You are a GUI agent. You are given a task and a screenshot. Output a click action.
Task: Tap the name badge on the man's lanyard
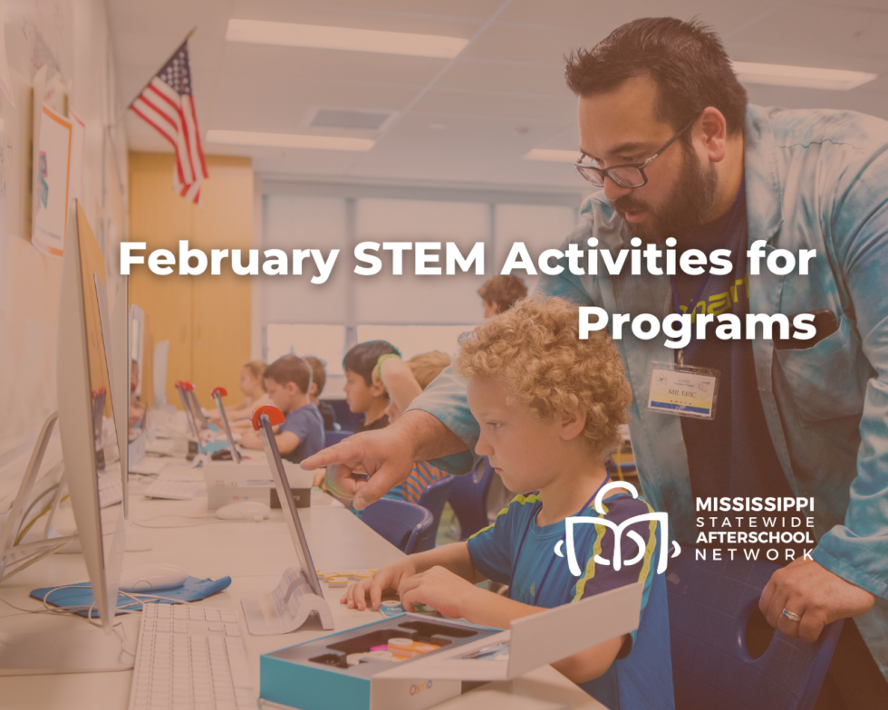pyautogui.click(x=681, y=390)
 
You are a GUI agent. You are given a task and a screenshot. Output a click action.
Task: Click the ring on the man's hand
pyautogui.click(x=790, y=615)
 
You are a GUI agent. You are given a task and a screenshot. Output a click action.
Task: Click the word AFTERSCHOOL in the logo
pyautogui.click(x=755, y=537)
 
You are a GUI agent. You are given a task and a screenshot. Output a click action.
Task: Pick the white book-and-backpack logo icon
pyautogui.click(x=616, y=534)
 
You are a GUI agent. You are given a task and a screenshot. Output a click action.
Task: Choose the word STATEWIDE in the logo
pyautogui.click(x=755, y=521)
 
